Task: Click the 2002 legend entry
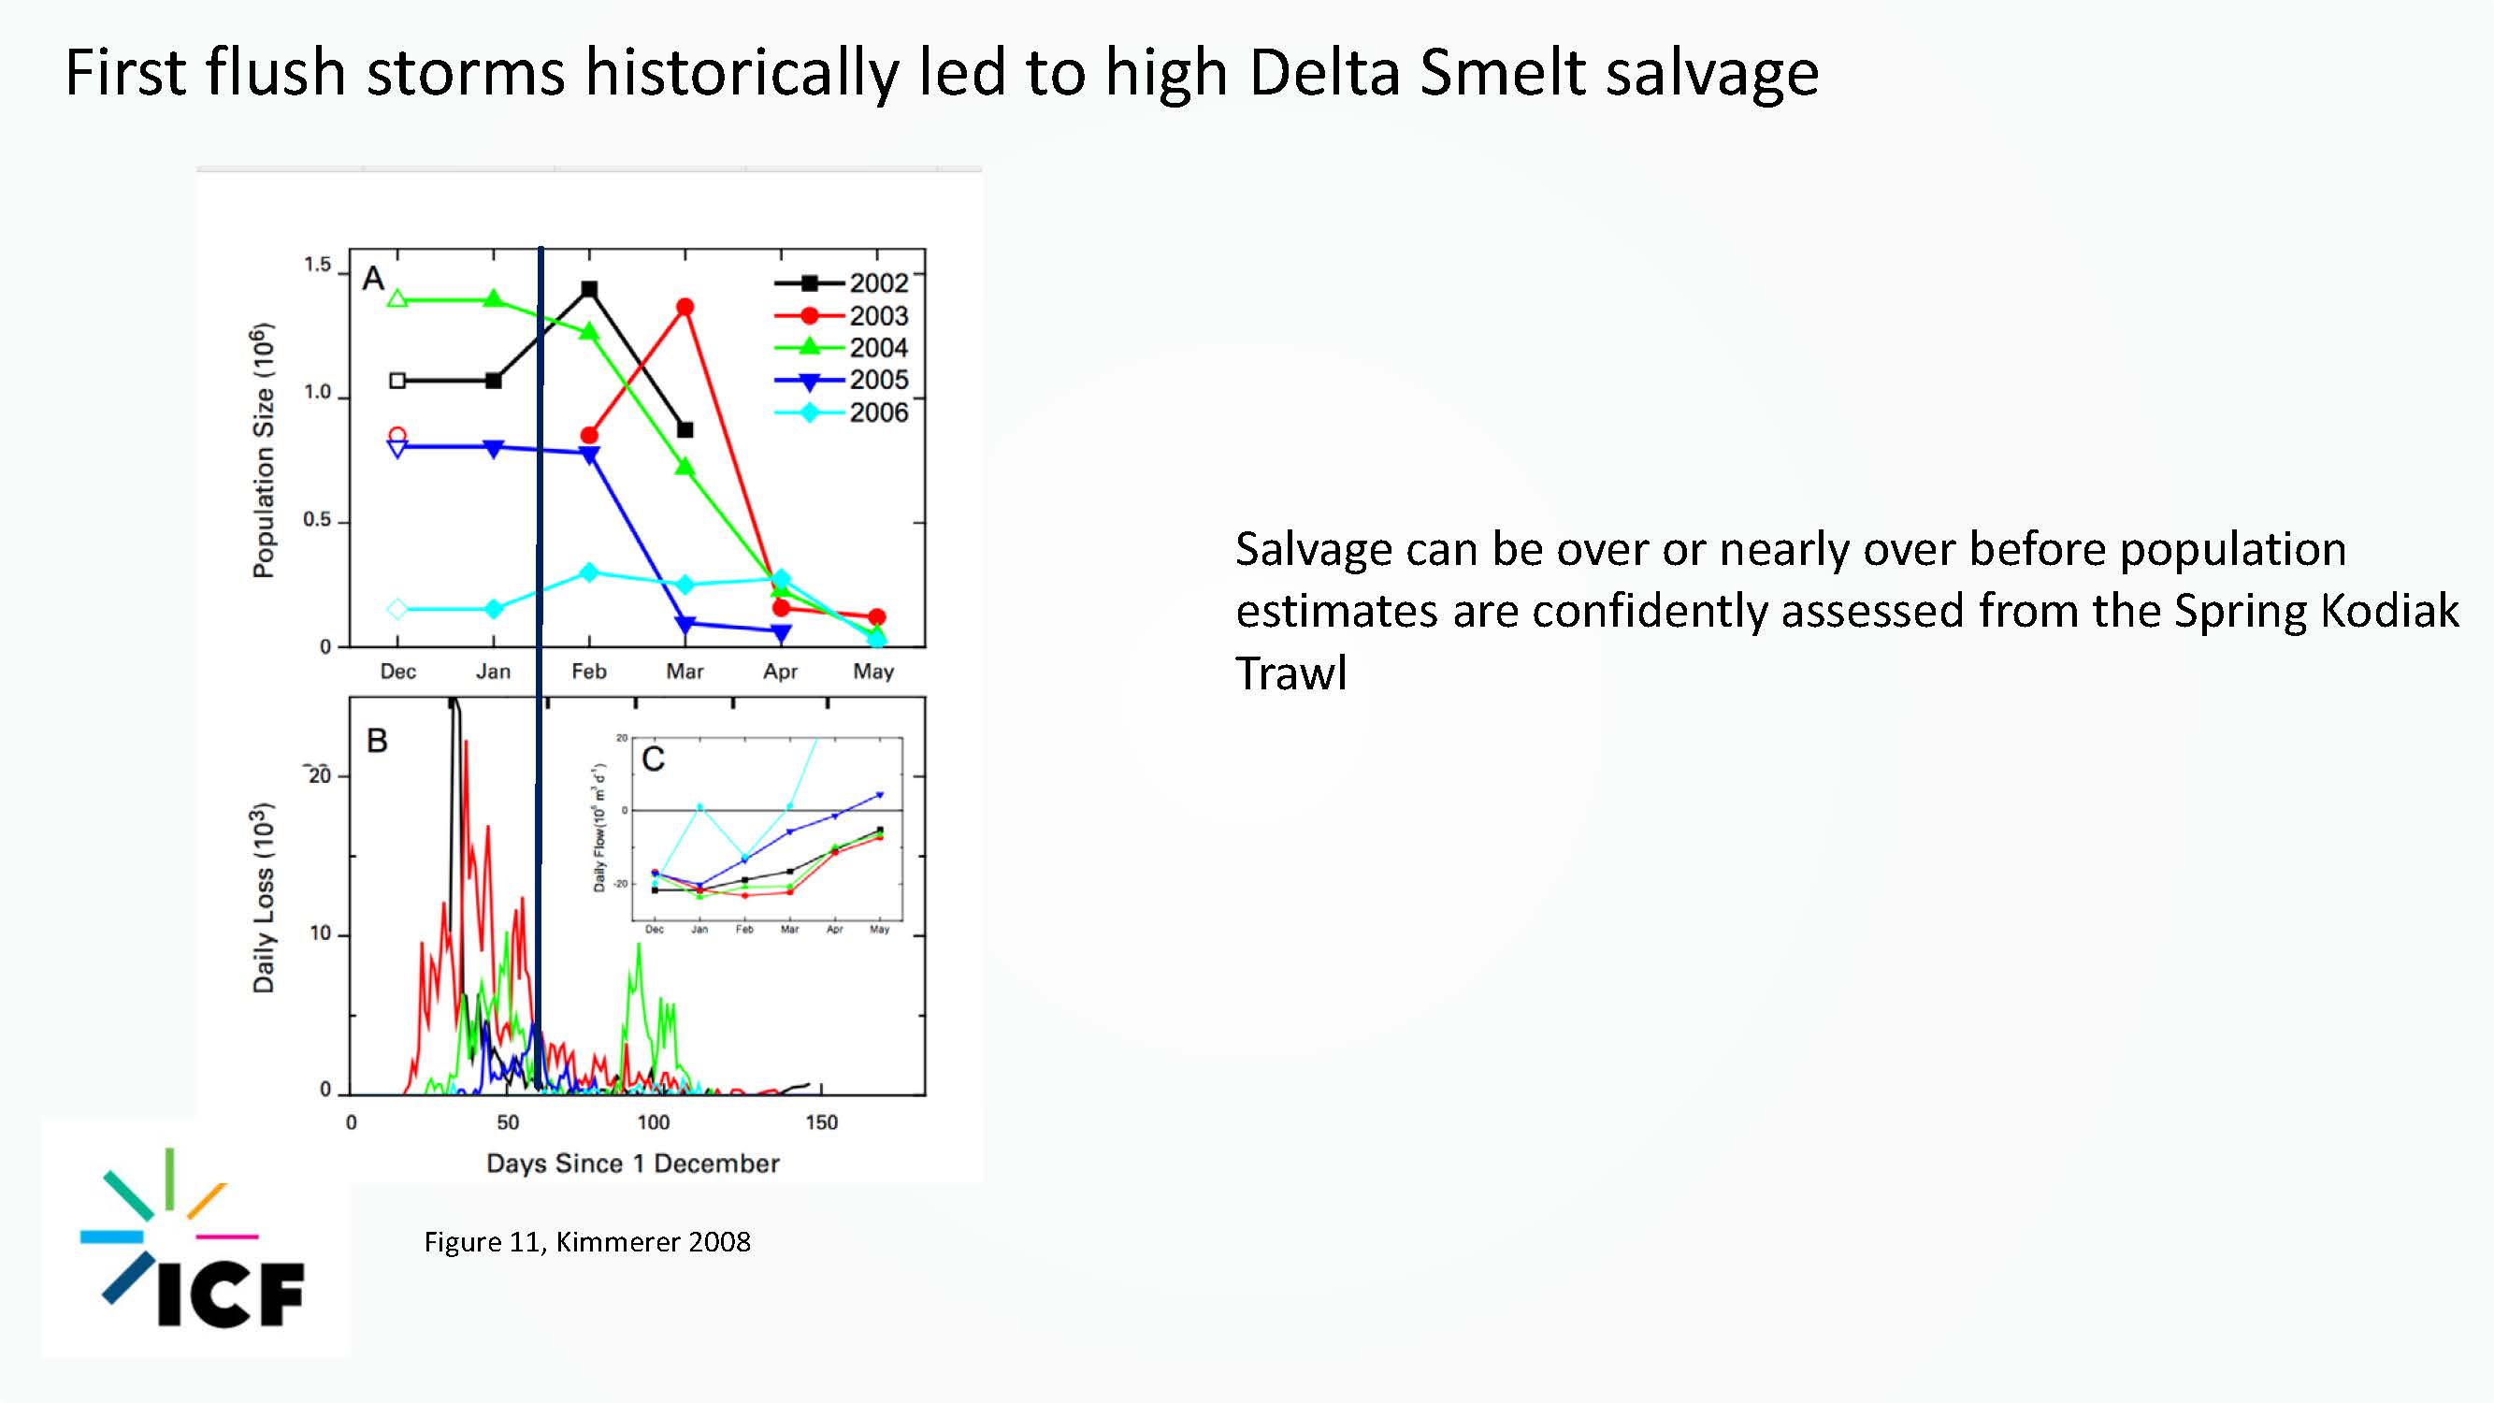click(x=842, y=282)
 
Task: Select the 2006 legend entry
click(x=842, y=412)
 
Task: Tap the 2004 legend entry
click(x=842, y=348)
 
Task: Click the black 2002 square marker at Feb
click(x=588, y=290)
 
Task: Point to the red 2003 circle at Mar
click(x=685, y=307)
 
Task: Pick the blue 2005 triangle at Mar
click(x=685, y=625)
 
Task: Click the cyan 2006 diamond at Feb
click(x=588, y=572)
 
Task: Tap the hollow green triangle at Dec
click(x=396, y=299)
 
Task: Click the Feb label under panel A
click(x=588, y=671)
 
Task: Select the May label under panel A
click(x=873, y=671)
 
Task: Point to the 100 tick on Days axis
click(x=653, y=1122)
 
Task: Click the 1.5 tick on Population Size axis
click(x=318, y=265)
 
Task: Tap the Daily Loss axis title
click(x=264, y=898)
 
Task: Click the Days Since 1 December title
click(x=633, y=1163)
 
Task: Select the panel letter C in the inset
click(x=654, y=759)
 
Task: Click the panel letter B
click(x=377, y=741)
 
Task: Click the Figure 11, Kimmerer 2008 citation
click(x=587, y=1242)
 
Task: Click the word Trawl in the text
click(x=1291, y=673)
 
